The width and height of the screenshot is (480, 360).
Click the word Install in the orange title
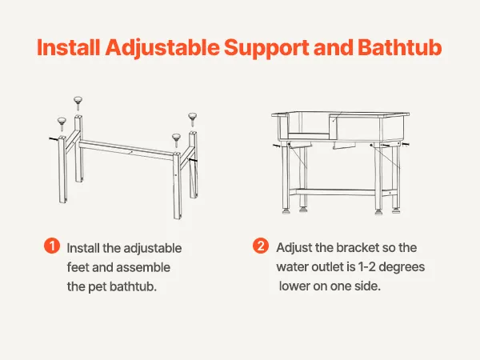(68, 47)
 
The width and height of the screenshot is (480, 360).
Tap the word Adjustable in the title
(162, 48)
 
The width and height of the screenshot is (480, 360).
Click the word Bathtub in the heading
(399, 47)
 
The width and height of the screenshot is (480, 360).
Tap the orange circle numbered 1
(52, 246)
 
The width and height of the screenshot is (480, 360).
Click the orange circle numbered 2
(261, 246)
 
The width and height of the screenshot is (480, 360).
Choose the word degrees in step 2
(402, 267)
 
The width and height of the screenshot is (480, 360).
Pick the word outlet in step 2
(327, 267)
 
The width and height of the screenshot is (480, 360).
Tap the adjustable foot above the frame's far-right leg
(192, 119)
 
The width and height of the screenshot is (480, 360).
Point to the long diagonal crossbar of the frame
(126, 150)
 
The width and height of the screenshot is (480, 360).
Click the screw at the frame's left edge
(54, 139)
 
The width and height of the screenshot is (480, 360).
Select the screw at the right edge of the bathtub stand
(406, 144)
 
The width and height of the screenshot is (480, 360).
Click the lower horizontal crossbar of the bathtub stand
(336, 192)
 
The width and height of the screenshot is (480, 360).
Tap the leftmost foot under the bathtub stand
(286, 211)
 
